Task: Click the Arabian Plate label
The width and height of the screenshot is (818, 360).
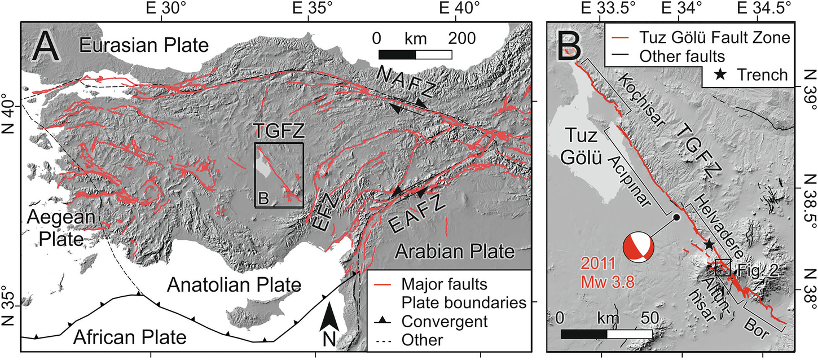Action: coord(454,250)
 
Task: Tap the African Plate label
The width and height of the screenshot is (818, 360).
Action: coord(130,337)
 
